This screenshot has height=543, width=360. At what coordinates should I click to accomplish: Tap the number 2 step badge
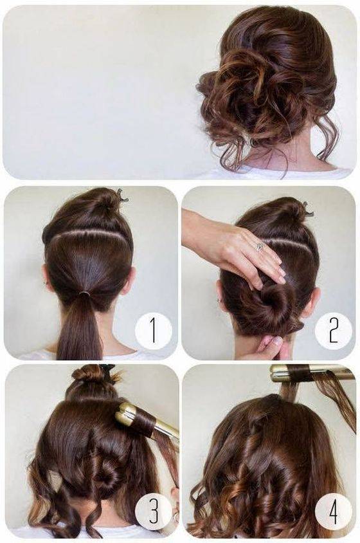click(x=334, y=330)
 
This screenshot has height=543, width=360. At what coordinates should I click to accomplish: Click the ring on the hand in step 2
click(x=259, y=246)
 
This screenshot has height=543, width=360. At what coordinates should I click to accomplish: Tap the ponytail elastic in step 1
click(x=84, y=293)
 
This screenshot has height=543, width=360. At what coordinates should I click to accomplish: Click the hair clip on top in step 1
click(x=123, y=196)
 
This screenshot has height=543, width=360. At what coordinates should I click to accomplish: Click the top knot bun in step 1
click(x=105, y=199)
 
